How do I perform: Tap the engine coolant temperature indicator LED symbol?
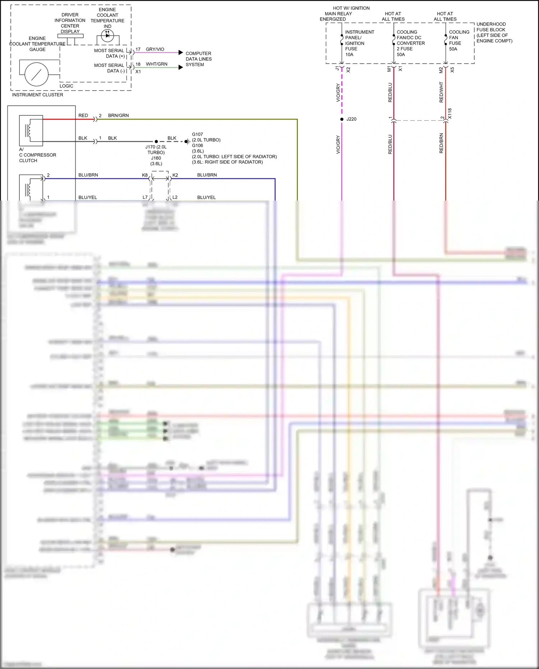click(x=107, y=35)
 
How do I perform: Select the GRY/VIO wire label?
click(x=155, y=49)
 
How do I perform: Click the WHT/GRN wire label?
click(x=156, y=64)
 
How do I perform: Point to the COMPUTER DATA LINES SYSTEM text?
click(x=198, y=59)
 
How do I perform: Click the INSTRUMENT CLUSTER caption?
click(x=37, y=95)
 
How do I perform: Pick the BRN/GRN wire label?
click(x=118, y=115)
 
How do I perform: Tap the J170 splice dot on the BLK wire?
click(x=156, y=142)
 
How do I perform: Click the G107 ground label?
click(x=197, y=134)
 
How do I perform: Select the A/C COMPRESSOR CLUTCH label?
click(x=37, y=155)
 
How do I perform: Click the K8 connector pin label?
click(x=145, y=175)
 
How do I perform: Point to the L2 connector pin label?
click(x=175, y=197)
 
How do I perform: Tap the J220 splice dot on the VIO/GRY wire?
click(x=342, y=119)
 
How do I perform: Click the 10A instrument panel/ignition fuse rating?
click(x=349, y=55)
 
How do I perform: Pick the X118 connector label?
click(x=450, y=114)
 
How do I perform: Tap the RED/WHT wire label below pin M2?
click(x=441, y=92)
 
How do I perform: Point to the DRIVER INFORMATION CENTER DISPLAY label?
click(x=70, y=23)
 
